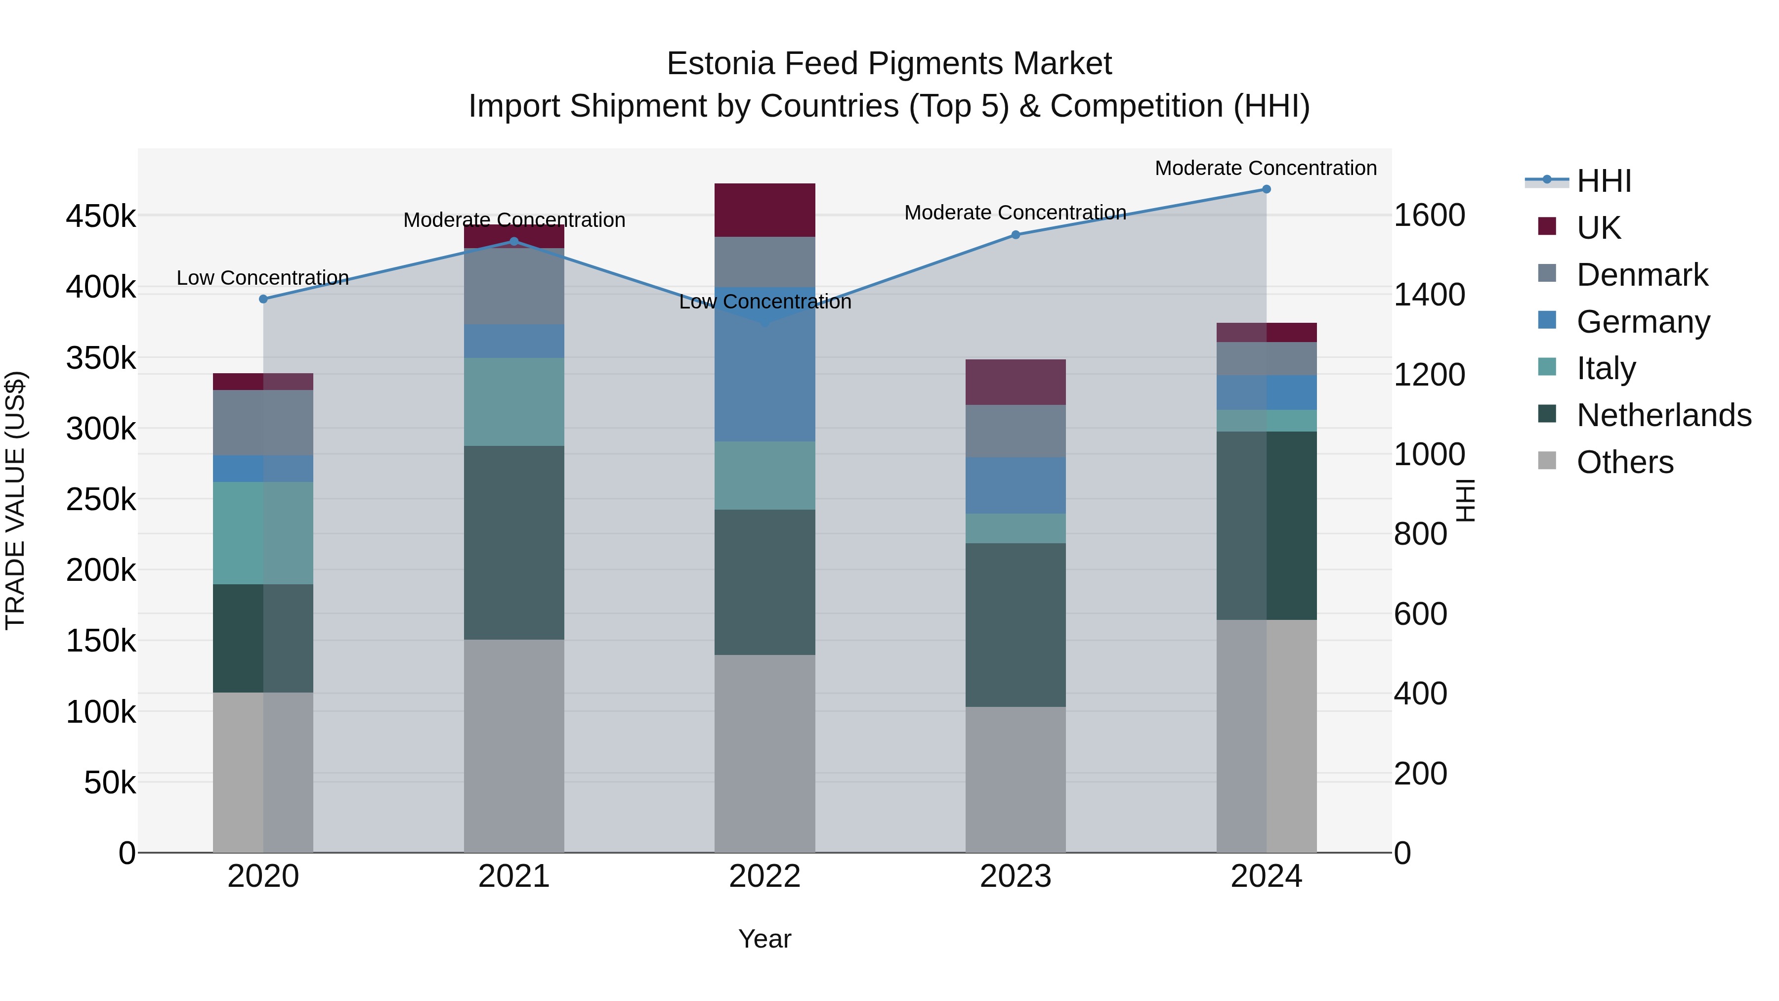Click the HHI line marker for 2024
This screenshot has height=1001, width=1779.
click(1266, 189)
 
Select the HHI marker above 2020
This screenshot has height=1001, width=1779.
click(263, 299)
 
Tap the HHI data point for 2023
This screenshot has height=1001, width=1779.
click(1015, 235)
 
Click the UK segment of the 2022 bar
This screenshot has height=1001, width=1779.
click(764, 210)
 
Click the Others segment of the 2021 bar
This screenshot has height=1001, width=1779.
click(514, 746)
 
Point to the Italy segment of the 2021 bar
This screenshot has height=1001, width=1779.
click(514, 402)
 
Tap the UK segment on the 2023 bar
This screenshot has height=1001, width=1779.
click(1015, 382)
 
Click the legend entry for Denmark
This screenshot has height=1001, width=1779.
click(1642, 275)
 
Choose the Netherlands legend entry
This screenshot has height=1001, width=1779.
click(1663, 415)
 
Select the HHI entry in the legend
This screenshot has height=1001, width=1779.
click(1604, 181)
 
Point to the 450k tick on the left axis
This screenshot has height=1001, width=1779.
click(101, 216)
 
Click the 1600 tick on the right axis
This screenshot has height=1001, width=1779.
click(1429, 216)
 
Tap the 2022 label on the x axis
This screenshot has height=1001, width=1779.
click(764, 876)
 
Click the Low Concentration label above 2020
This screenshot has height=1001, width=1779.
click(262, 278)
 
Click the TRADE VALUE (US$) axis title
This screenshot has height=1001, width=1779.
click(15, 500)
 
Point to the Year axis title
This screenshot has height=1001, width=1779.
click(764, 939)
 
